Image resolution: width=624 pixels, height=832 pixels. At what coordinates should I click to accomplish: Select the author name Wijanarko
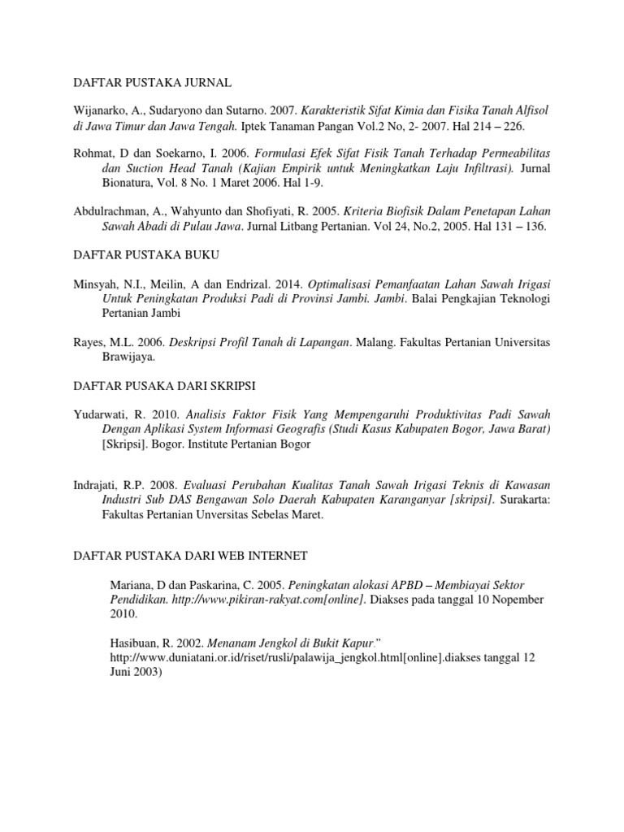pyautogui.click(x=102, y=110)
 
